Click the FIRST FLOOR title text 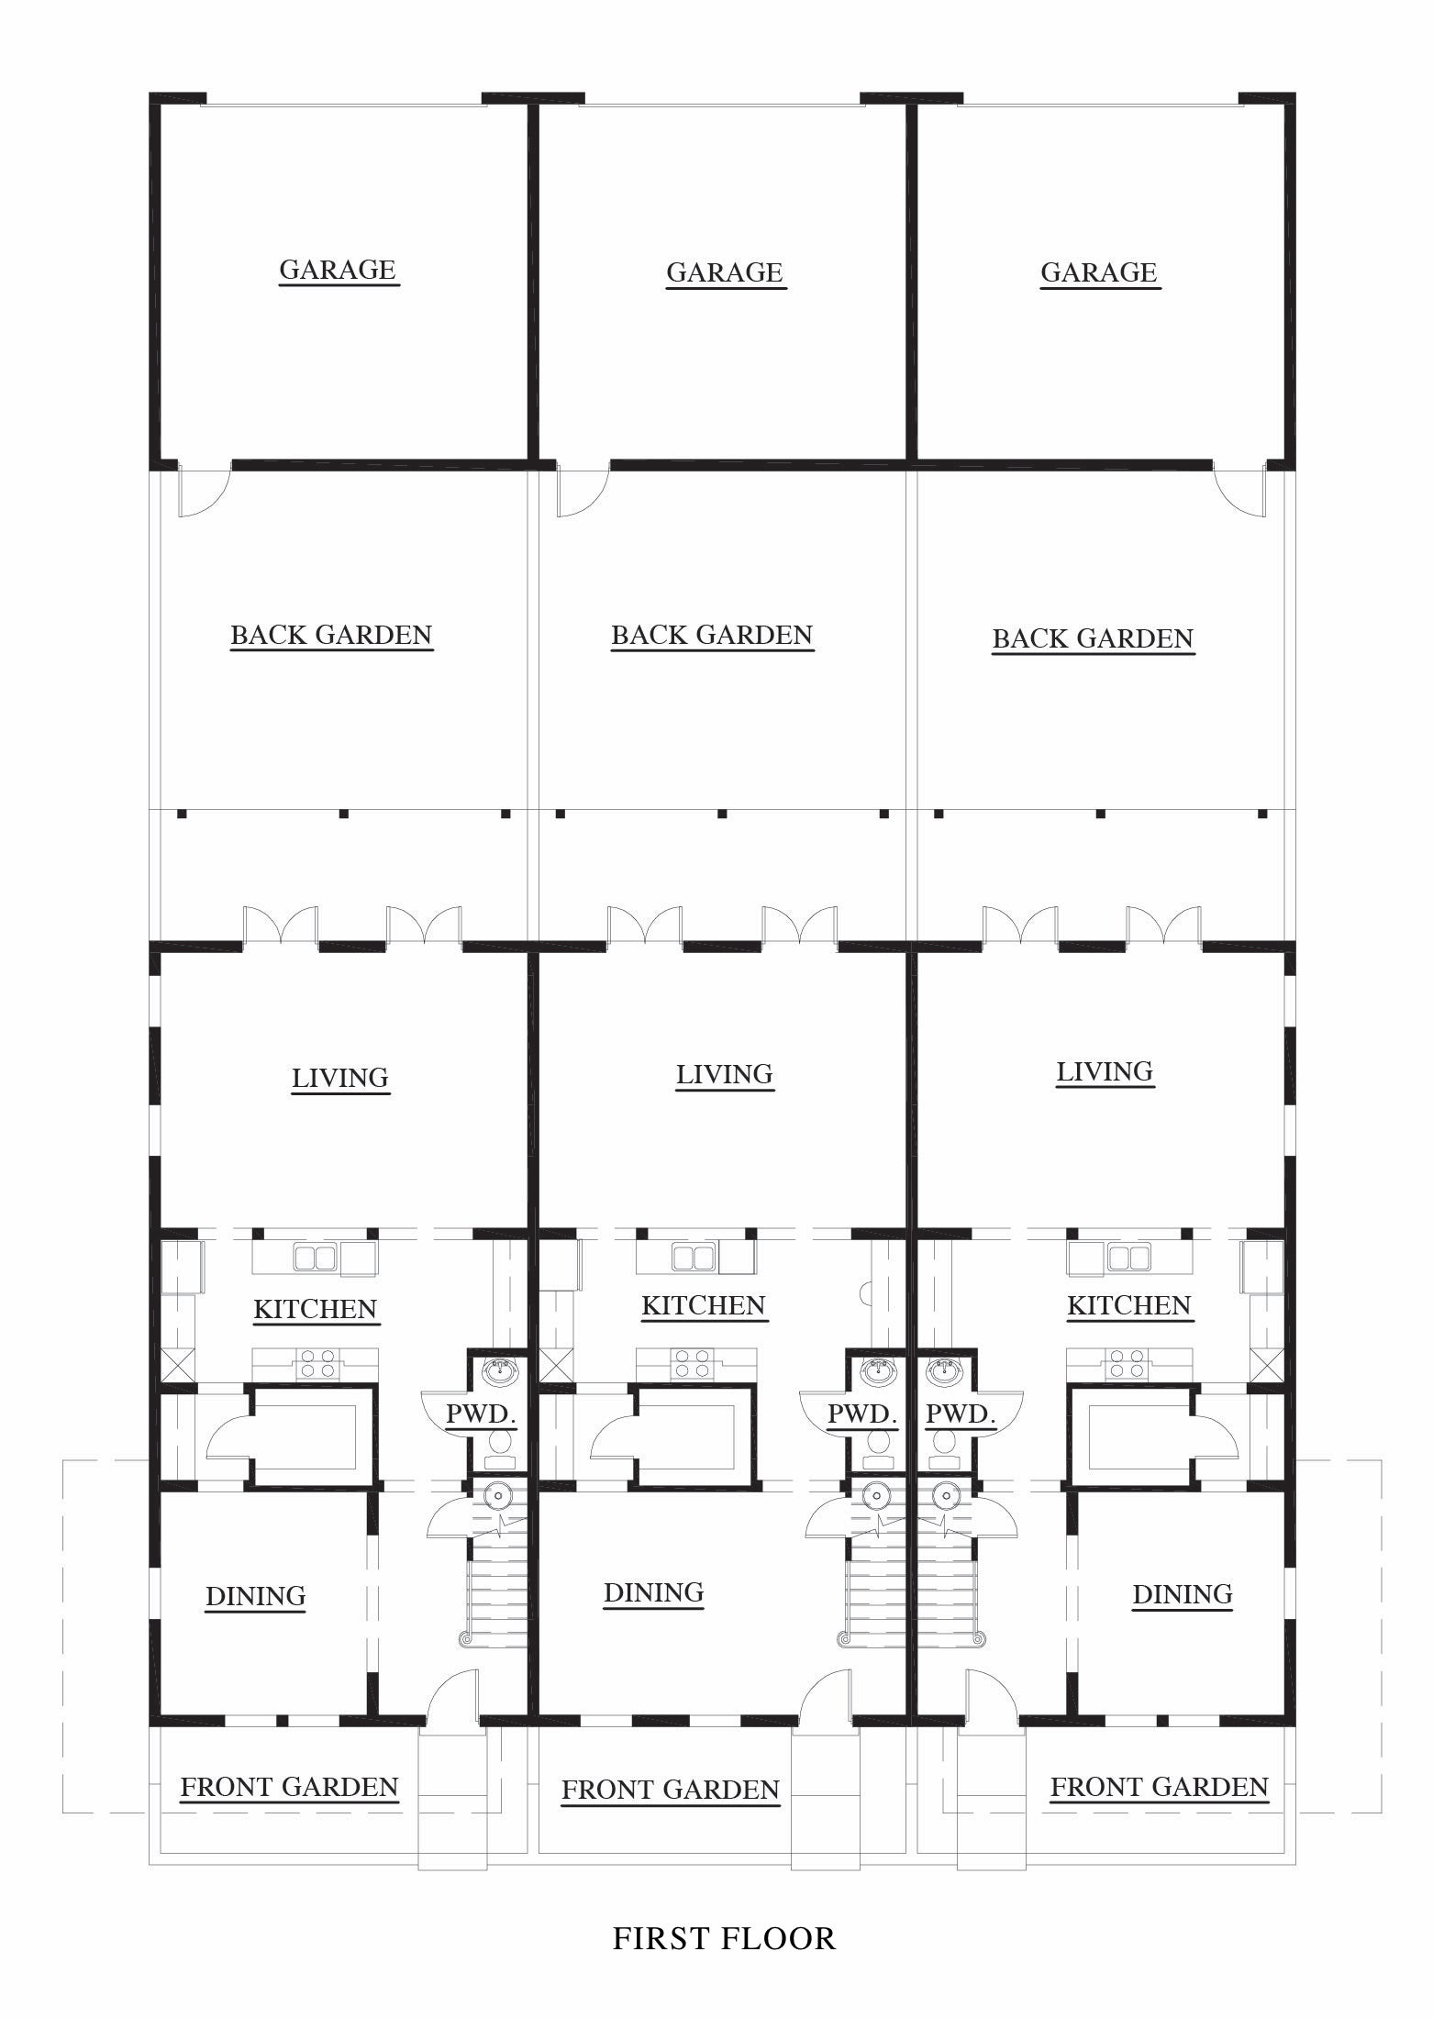pos(724,1938)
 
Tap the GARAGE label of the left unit pos(338,270)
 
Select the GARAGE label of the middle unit pos(725,272)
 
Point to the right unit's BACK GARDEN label pos(1093,638)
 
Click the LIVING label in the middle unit pos(725,1074)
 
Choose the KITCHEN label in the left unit pos(316,1309)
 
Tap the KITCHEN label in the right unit pos(1129,1305)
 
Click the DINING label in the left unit pos(256,1596)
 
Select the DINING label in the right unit pos(1183,1594)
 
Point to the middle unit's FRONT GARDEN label pos(671,1790)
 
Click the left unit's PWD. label pos(482,1414)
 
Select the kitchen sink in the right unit pos(1129,1256)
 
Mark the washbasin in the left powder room pos(500,1372)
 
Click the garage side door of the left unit pos(204,492)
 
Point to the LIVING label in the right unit pos(1105,1071)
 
